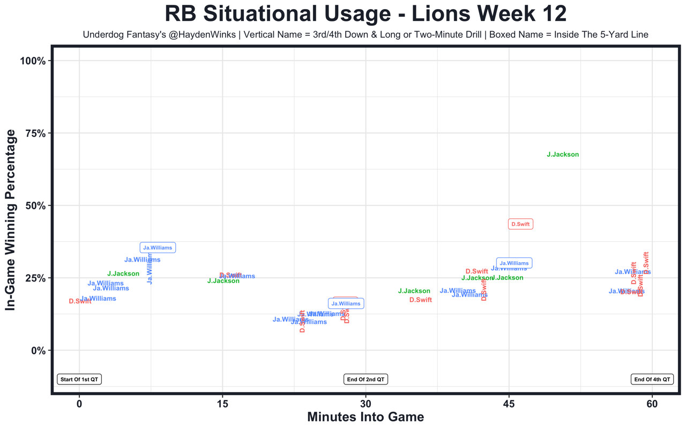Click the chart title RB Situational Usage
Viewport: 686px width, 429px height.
(366, 14)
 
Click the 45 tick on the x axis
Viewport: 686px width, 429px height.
(509, 404)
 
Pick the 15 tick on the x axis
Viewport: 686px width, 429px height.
(222, 404)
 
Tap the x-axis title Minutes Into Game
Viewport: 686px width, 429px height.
(366, 417)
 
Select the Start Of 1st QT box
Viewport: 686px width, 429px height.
(79, 379)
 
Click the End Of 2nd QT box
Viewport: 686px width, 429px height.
(366, 379)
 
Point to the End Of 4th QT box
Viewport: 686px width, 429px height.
(652, 379)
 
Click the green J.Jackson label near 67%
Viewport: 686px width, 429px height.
(563, 154)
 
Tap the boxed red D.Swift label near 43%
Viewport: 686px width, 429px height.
(520, 224)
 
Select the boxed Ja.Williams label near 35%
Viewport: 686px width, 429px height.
(158, 248)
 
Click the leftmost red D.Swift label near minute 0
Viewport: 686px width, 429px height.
(80, 301)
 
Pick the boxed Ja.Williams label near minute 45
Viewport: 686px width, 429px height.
(514, 263)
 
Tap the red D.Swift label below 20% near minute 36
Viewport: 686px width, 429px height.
(421, 300)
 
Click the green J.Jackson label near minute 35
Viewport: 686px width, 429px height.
(414, 291)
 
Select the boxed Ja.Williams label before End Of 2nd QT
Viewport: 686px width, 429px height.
(346, 304)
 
